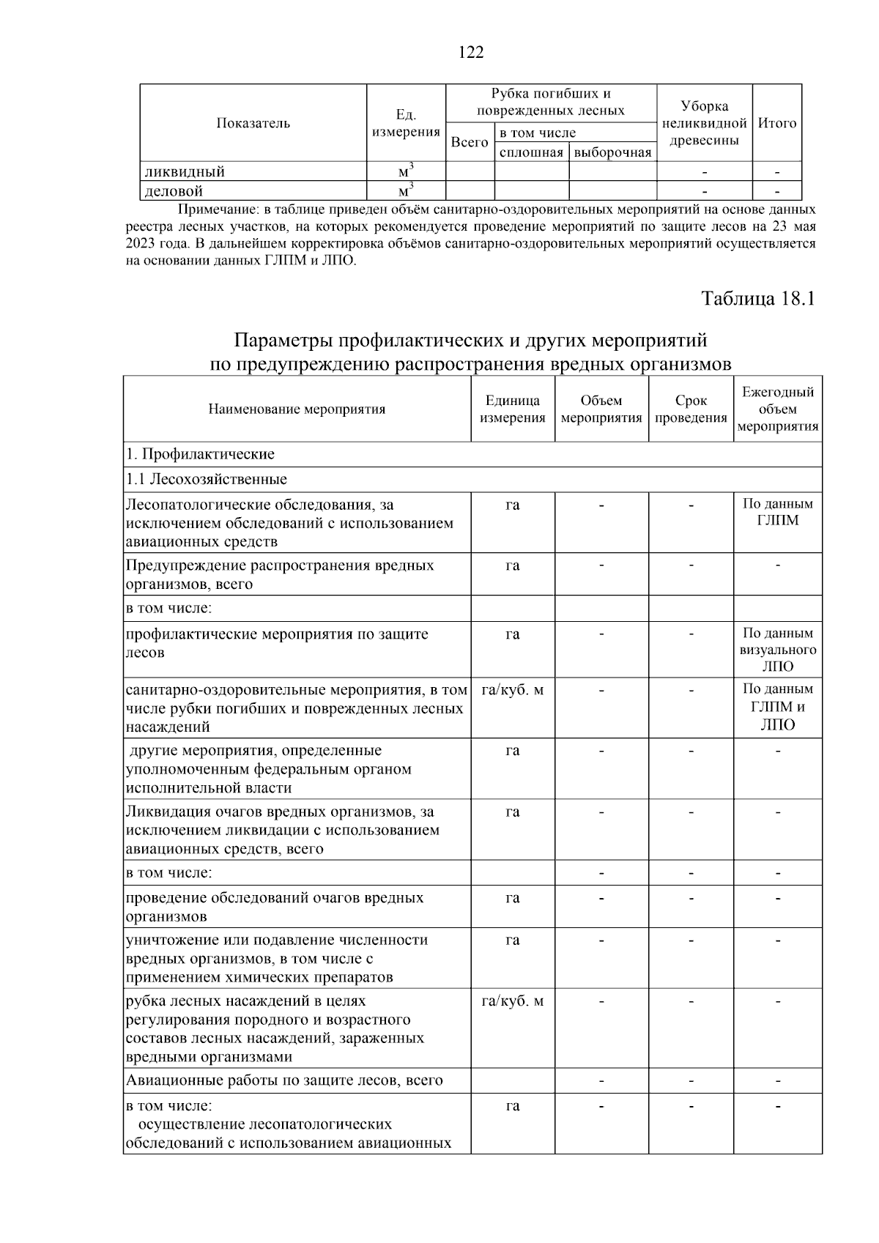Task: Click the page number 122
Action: point(471,52)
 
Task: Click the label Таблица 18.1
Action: point(757,300)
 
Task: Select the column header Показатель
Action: point(253,123)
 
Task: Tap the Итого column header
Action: point(776,123)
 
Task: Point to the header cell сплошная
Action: point(531,152)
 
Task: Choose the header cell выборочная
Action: point(612,152)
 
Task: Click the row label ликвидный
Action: point(185,172)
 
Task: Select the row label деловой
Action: point(174,191)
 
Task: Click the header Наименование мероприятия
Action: point(297,409)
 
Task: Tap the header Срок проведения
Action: point(691,409)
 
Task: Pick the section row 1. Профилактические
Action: point(201,454)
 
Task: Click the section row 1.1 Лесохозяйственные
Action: point(207,479)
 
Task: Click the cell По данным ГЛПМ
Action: point(777,512)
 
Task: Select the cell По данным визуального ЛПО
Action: point(777,650)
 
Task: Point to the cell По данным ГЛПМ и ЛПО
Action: point(777,707)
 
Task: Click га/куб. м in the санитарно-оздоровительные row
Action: point(512,690)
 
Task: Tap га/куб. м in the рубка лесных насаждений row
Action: point(512,1001)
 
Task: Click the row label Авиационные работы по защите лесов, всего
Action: point(284,1080)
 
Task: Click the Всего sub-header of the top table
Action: point(469,142)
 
